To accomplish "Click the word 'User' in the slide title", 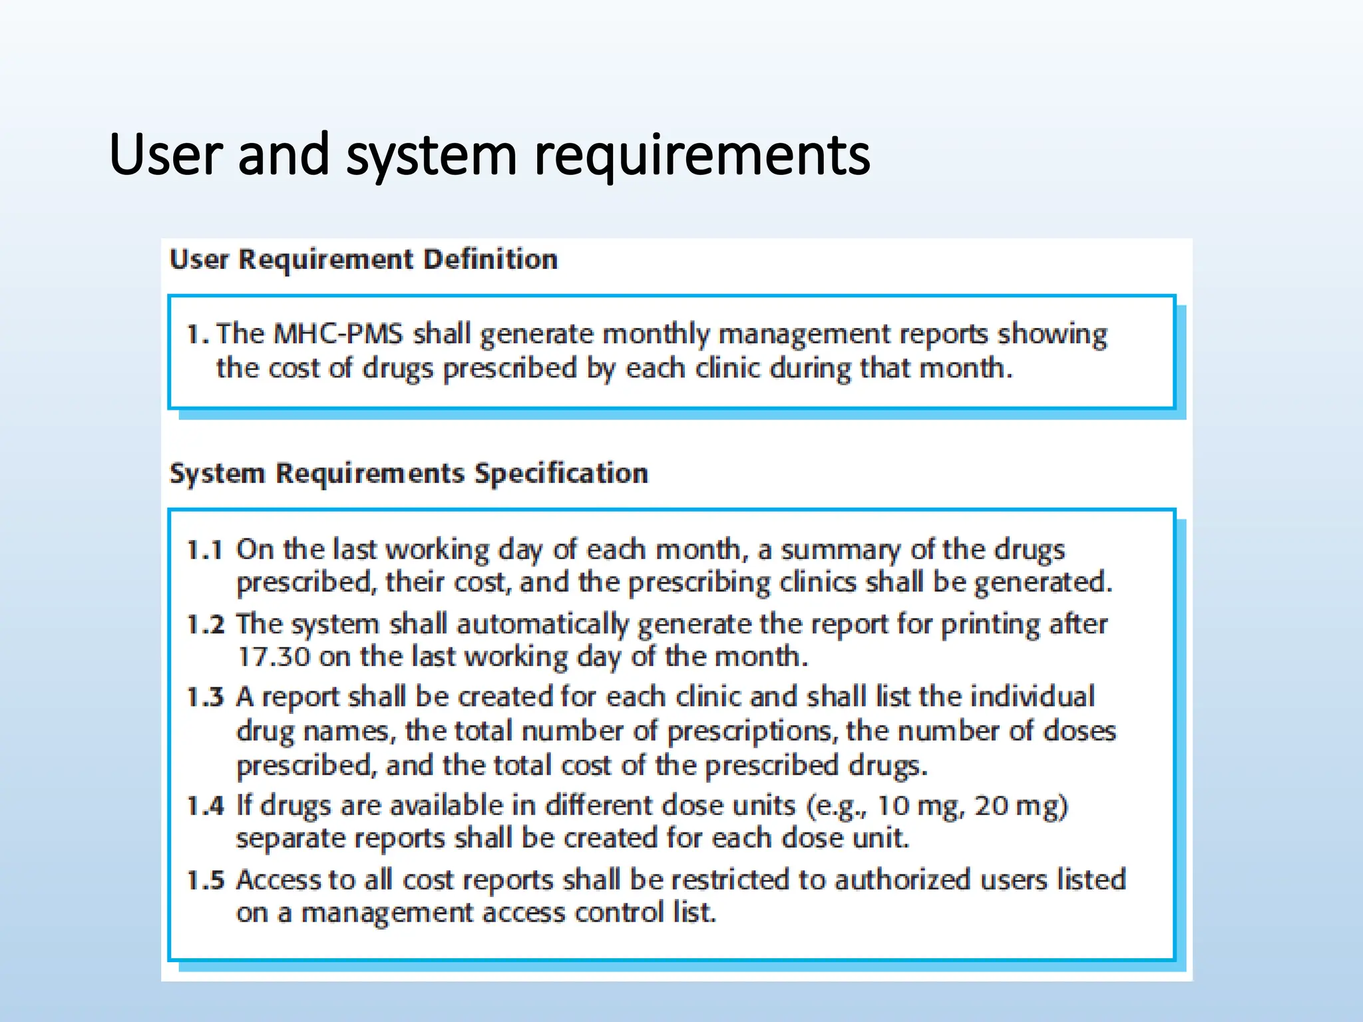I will pos(166,154).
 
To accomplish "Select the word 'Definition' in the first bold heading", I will pos(490,259).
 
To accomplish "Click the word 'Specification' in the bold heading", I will pos(561,474).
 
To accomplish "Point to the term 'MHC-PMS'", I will pos(338,333).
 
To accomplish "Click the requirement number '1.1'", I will pos(204,550).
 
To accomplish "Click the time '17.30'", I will pos(274,657).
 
